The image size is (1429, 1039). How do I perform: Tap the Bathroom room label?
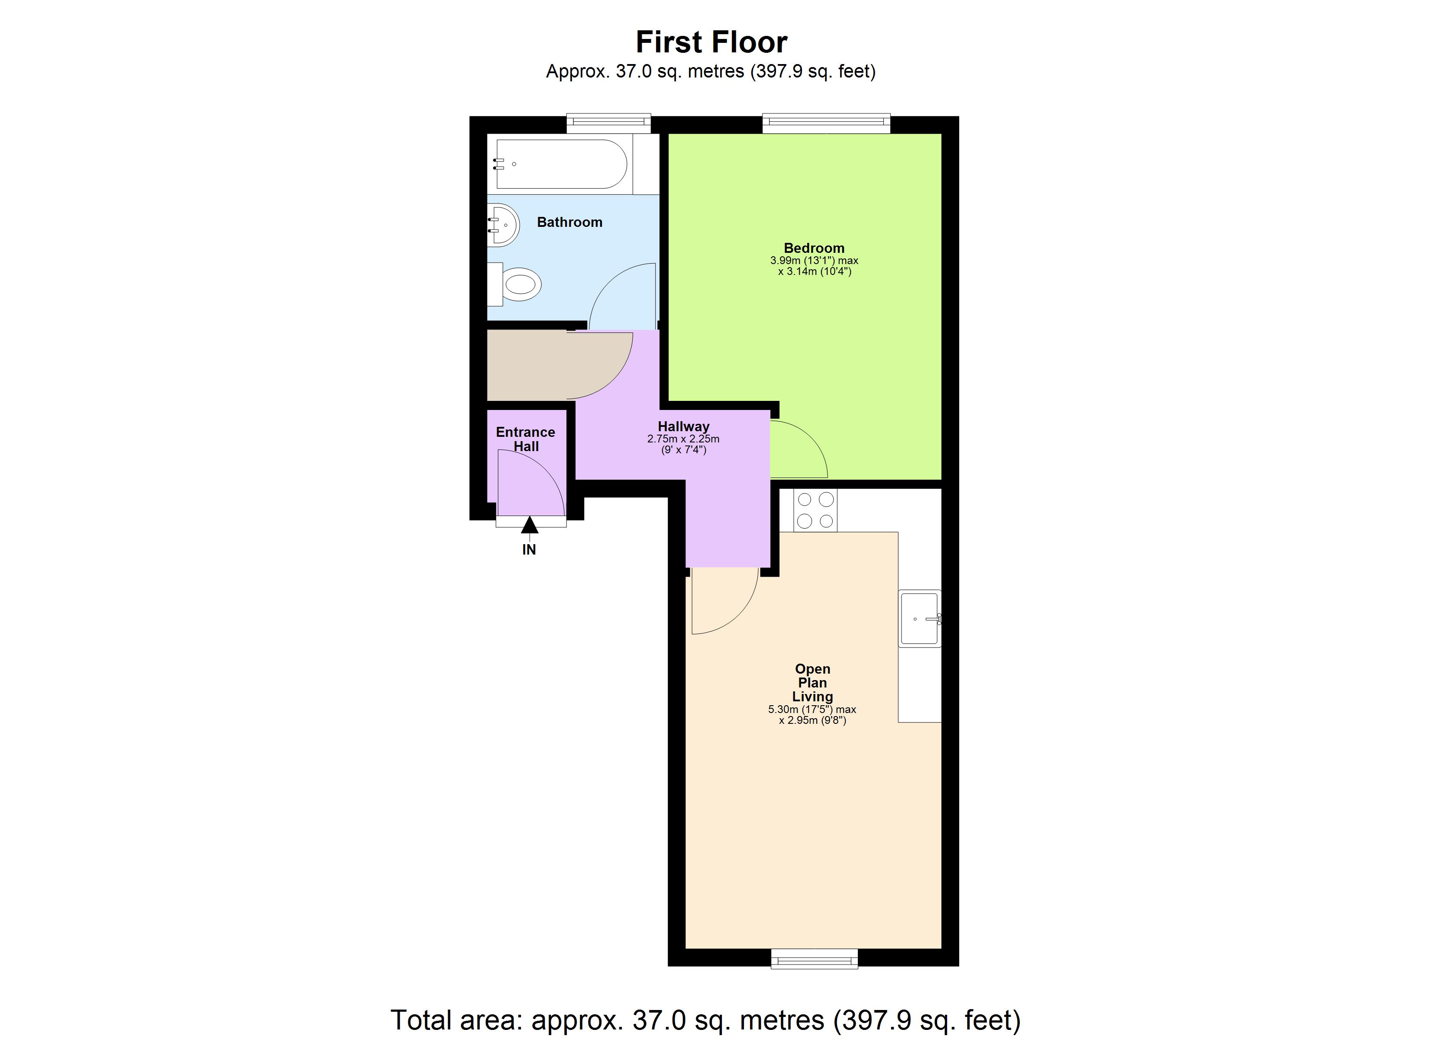pyautogui.click(x=569, y=222)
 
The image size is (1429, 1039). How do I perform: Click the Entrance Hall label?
pyautogui.click(x=525, y=439)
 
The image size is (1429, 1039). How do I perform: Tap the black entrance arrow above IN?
pyautogui.click(x=529, y=524)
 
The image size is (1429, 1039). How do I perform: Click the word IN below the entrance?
pyautogui.click(x=529, y=549)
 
